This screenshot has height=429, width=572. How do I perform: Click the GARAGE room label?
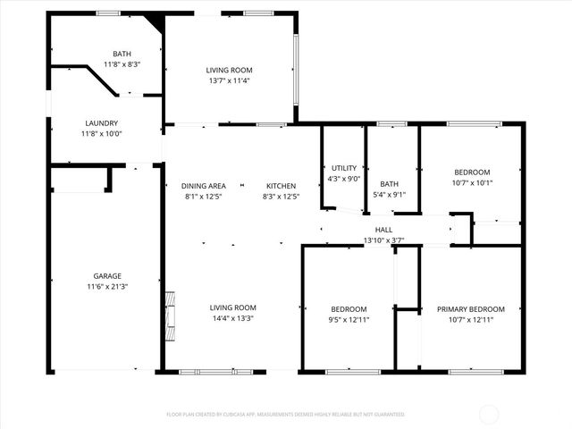tap(107, 276)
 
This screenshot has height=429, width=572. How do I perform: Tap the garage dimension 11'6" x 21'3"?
tap(107, 287)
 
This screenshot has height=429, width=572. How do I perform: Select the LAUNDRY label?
tap(101, 123)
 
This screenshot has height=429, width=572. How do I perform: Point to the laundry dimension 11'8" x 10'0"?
tap(101, 134)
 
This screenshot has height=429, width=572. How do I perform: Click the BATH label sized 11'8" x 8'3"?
tap(122, 54)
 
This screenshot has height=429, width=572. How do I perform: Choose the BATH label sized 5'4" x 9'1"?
tap(389, 184)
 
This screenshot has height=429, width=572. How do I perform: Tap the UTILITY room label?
tap(344, 168)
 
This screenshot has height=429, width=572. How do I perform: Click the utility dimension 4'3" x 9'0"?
tap(344, 179)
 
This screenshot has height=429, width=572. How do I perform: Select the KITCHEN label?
tap(281, 186)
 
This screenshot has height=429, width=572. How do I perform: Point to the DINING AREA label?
tap(204, 186)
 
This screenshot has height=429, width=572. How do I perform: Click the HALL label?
tap(383, 230)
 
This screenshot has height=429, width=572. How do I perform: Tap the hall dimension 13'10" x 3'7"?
tap(383, 240)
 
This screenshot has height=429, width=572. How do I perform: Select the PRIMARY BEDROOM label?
tap(470, 309)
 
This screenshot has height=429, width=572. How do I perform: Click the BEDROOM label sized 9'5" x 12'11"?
tap(349, 309)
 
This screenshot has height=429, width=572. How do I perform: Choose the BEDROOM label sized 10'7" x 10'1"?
tap(471, 172)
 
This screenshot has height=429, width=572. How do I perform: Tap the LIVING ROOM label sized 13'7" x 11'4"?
tap(230, 70)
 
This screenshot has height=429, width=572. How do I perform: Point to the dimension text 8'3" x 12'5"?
tap(281, 197)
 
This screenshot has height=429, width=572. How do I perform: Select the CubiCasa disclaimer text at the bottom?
tap(286, 415)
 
